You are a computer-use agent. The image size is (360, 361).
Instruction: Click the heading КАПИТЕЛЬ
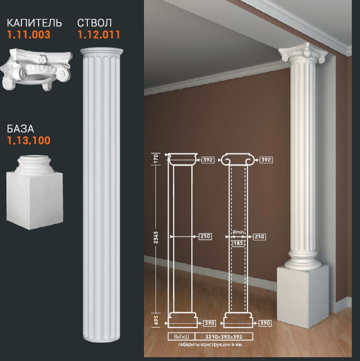[34, 23]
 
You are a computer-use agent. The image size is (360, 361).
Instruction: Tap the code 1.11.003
[29, 35]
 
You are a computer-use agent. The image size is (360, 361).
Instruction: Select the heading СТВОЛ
[95, 23]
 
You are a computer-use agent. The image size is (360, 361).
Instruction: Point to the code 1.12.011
[99, 35]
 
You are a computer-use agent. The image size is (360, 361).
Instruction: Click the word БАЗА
[20, 129]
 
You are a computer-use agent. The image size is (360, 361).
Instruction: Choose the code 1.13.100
[29, 141]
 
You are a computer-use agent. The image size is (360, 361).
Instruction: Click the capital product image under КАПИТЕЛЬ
[36, 69]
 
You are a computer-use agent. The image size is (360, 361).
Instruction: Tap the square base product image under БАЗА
[35, 192]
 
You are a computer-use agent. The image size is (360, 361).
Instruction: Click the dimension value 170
[156, 158]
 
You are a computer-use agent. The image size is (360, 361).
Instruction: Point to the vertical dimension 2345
[156, 237]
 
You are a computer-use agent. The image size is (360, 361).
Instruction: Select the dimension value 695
[156, 320]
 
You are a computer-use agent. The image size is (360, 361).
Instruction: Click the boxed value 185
[238, 244]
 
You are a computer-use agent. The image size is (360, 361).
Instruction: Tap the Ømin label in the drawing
[238, 232]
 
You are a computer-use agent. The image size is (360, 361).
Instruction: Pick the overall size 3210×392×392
[224, 337]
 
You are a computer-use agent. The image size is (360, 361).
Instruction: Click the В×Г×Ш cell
[181, 337]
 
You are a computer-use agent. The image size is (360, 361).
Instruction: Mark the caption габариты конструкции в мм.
[210, 345]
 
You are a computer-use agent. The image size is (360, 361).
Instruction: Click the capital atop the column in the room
[303, 53]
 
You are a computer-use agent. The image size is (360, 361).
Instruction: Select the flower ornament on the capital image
[42, 59]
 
